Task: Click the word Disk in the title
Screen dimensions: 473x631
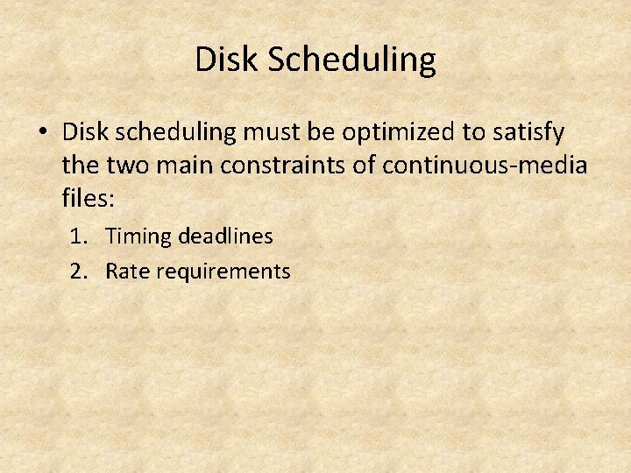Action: coord(227,60)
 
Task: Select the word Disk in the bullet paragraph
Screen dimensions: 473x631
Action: coord(86,132)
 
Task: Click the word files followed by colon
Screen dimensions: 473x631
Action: coord(88,197)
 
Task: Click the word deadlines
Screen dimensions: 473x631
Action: coord(225,236)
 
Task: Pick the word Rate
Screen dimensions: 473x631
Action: coord(125,272)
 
